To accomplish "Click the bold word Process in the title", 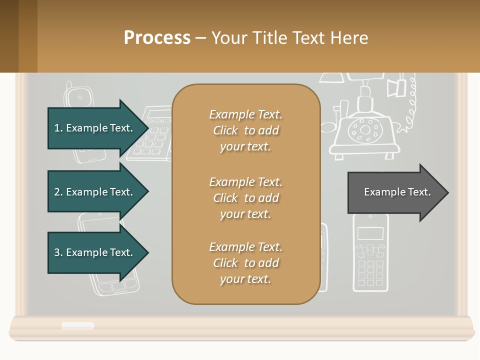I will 157,38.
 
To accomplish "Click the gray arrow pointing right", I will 397,192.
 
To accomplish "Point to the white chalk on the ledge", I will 77,326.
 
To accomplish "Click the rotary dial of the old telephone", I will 365,130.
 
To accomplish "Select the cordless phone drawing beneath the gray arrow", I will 370,255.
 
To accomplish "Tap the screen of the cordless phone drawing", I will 370,233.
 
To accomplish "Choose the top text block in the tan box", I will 245,130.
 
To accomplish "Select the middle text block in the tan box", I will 245,198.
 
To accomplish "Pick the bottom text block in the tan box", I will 245,263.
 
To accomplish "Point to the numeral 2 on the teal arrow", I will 57,192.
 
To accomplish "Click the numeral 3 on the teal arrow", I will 57,252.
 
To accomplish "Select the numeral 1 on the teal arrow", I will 57,128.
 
